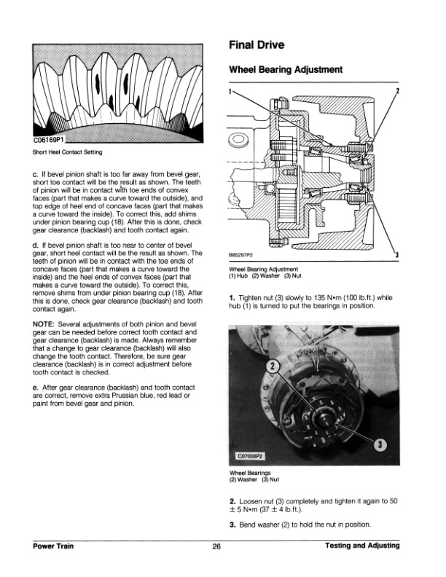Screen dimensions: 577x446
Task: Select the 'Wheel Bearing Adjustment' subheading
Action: [286, 71]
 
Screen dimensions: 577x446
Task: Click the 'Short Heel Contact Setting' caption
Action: [67, 152]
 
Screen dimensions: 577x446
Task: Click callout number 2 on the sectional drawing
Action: [397, 91]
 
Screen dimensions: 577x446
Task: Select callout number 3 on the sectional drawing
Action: [396, 254]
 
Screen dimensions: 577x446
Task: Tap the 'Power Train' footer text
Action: [55, 546]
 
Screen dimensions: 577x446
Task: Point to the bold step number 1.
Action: [232, 298]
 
